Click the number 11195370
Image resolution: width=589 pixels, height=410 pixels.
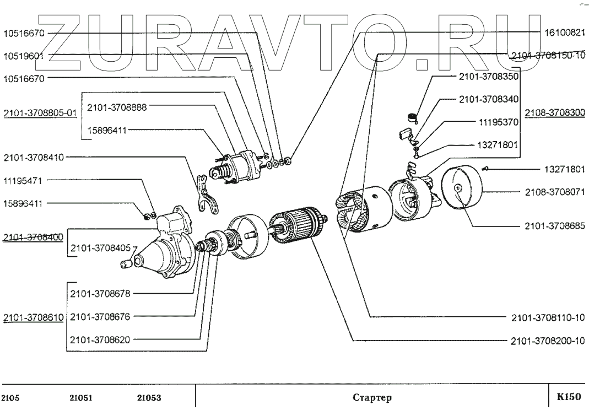496,122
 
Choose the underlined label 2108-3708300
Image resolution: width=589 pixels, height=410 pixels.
554,112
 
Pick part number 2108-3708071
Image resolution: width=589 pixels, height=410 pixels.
553,192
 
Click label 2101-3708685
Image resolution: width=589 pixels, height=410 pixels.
553,226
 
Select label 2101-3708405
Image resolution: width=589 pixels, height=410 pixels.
100,249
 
